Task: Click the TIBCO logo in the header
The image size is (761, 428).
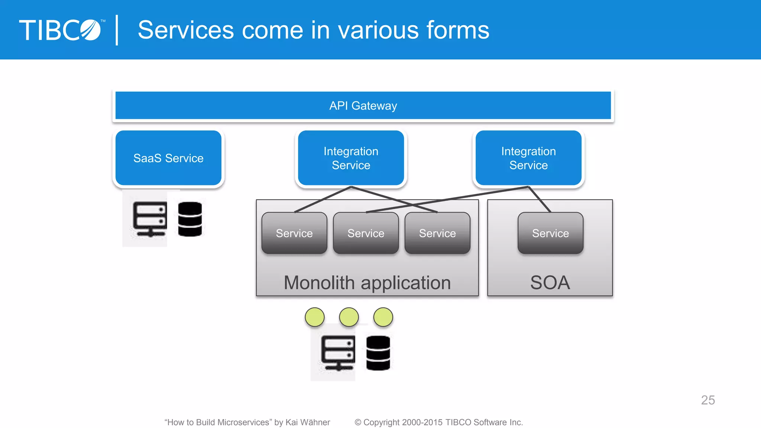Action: pos(60,30)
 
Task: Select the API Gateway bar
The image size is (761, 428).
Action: pos(363,106)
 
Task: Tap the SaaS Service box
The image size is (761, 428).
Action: pos(168,158)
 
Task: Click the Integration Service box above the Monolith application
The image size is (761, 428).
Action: pos(351,158)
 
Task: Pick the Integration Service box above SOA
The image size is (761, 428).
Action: pos(528,158)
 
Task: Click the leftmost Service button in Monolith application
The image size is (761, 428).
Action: pos(294,233)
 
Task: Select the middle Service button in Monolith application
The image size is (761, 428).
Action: pos(366,233)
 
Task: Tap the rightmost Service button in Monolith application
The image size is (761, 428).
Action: pos(437,233)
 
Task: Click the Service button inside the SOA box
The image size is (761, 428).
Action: pos(550,233)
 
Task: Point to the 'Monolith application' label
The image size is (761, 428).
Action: pos(367,283)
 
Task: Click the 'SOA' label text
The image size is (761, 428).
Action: pos(550,283)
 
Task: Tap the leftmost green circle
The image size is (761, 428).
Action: pos(315,317)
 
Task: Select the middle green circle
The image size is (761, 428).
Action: pos(349,317)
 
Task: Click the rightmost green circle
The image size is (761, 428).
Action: pos(383,317)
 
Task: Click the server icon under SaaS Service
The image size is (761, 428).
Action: pos(150,219)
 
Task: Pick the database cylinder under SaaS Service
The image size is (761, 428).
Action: pos(190,219)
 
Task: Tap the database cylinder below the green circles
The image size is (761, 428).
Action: pos(378,353)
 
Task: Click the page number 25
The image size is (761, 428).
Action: pos(708,400)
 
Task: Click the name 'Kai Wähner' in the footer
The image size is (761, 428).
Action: pos(308,422)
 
